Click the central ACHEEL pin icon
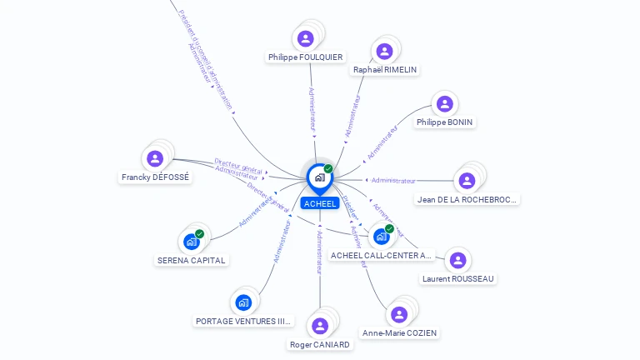pos(319,177)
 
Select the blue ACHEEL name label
pos(320,203)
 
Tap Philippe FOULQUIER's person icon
pos(306,38)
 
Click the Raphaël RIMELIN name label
pos(385,70)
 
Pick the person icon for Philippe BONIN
pos(444,104)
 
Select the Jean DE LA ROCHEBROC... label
pos(467,199)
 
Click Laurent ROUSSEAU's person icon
pos(457,260)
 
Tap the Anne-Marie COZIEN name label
pos(399,332)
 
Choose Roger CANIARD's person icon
pos(320,325)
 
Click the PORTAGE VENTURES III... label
pos(243,321)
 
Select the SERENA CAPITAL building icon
pos(192,242)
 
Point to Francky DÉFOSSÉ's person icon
pos(154,158)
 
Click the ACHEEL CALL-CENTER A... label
pos(382,255)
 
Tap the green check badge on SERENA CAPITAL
pos(200,234)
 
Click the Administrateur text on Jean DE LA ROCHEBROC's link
pos(393,180)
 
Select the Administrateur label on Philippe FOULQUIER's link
pos(312,112)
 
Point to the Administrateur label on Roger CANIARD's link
pos(320,252)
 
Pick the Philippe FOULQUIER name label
pos(305,57)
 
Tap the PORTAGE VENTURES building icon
pos(243,302)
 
